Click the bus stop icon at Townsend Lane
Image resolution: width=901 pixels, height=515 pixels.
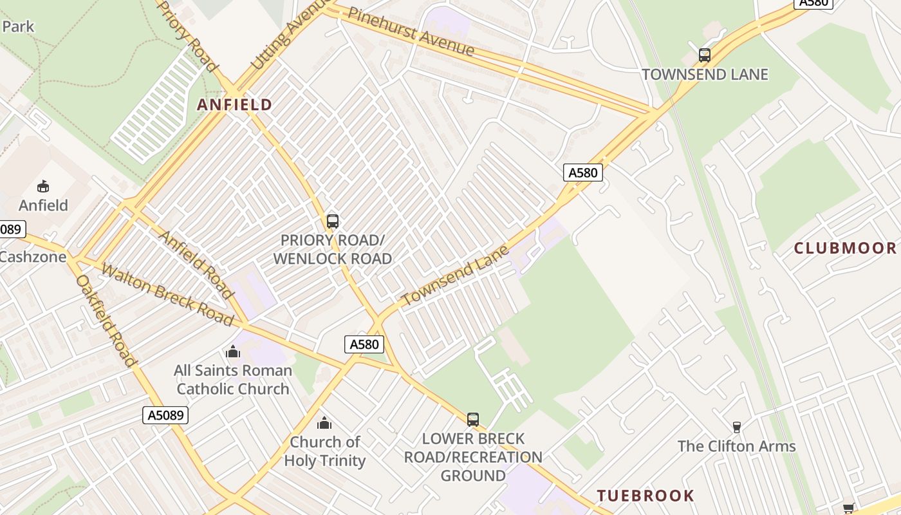click(x=705, y=55)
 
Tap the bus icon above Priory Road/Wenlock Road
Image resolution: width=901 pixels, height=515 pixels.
click(x=333, y=221)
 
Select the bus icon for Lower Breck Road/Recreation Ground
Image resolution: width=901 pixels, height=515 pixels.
click(x=473, y=420)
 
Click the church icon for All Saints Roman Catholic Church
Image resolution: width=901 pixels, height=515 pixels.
click(x=233, y=351)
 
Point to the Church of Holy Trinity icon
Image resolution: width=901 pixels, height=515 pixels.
click(x=324, y=423)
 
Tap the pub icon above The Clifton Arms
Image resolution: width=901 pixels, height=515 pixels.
click(x=737, y=427)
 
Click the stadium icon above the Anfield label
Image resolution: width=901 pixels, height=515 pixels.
click(x=43, y=187)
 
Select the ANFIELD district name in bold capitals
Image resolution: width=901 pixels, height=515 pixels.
click(x=235, y=105)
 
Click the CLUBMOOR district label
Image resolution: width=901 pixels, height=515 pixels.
click(x=844, y=248)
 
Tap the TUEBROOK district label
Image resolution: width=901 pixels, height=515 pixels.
click(x=646, y=496)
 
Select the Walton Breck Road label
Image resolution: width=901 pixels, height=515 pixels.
click(x=167, y=294)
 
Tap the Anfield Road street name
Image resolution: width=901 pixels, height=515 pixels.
click(x=196, y=265)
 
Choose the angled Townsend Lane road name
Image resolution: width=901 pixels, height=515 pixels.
click(x=455, y=276)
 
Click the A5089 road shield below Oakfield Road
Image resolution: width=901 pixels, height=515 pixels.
click(x=165, y=415)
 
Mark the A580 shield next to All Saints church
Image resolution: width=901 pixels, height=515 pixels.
click(x=364, y=344)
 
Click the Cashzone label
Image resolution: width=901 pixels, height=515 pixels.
click(x=32, y=257)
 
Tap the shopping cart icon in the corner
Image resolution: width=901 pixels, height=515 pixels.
click(x=849, y=509)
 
